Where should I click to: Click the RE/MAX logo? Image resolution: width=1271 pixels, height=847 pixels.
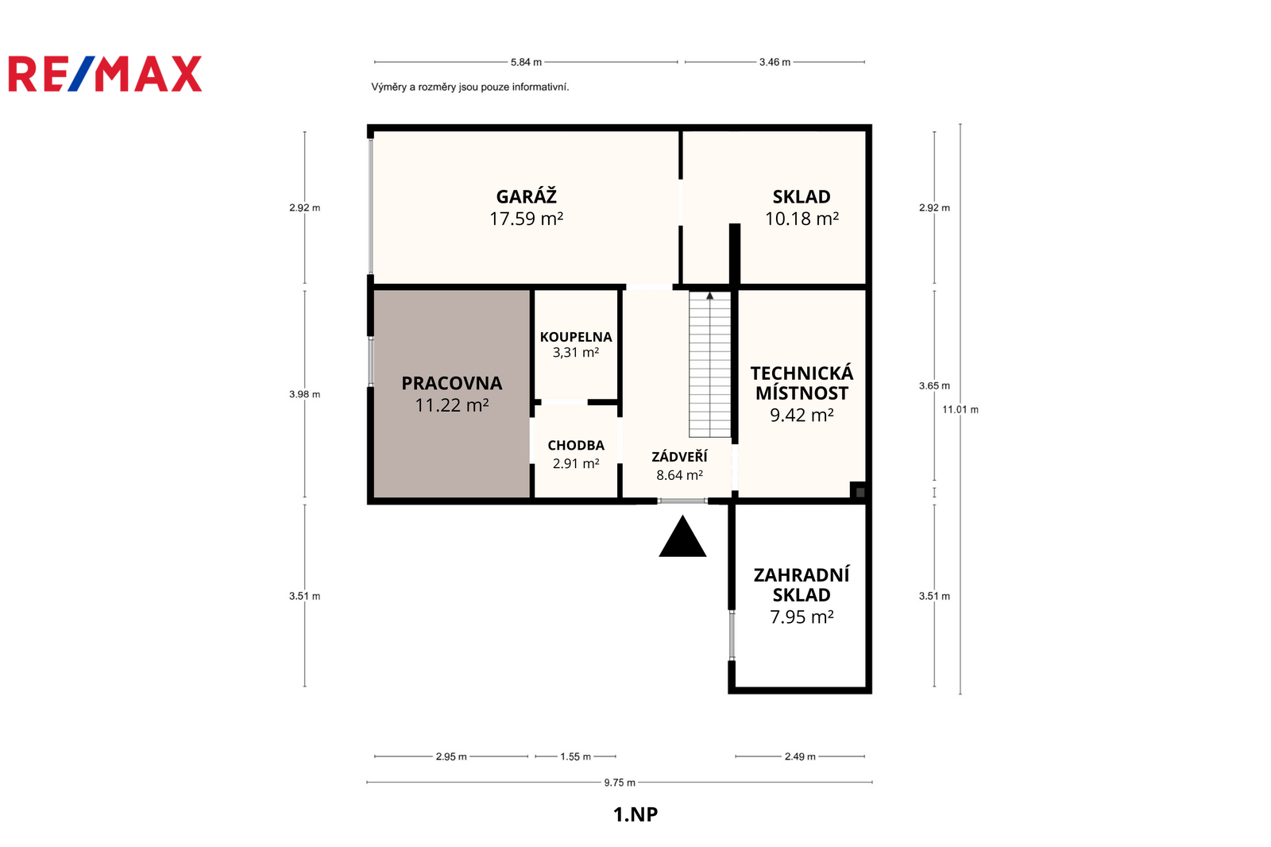click(x=105, y=74)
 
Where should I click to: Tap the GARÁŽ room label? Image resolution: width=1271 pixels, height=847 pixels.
click(x=527, y=195)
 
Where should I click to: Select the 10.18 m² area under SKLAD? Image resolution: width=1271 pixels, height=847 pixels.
click(x=802, y=219)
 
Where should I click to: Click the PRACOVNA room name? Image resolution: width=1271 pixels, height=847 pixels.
click(x=452, y=383)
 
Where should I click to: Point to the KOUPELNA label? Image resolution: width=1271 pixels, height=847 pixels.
click(x=576, y=337)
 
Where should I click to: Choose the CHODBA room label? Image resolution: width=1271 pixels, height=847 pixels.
click(x=576, y=446)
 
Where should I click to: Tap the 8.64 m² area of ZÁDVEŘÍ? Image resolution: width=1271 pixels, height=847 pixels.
click(x=680, y=475)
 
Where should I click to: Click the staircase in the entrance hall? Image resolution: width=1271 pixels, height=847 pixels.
click(x=710, y=365)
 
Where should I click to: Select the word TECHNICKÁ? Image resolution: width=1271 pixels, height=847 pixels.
click(x=802, y=373)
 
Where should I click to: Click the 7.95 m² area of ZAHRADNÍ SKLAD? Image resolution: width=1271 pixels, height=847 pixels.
click(x=802, y=617)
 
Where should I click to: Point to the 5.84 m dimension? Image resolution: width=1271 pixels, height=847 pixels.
click(x=526, y=62)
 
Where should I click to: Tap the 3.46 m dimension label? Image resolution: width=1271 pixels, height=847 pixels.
click(x=775, y=62)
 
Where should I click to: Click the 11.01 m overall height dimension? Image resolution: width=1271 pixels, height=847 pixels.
click(x=960, y=409)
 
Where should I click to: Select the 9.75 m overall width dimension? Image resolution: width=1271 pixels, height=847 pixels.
click(x=620, y=783)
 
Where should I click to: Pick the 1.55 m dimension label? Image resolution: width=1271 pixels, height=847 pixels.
click(x=575, y=756)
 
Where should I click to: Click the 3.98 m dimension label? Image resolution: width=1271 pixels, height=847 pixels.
click(x=305, y=394)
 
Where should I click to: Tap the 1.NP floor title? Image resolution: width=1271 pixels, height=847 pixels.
click(x=635, y=814)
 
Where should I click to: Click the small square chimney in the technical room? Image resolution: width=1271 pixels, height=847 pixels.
click(x=860, y=492)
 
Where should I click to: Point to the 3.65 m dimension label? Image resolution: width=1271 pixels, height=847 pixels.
click(x=934, y=385)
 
